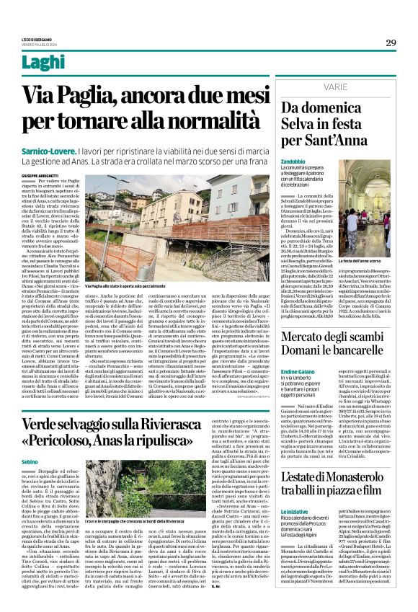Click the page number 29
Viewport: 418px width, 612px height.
391,43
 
